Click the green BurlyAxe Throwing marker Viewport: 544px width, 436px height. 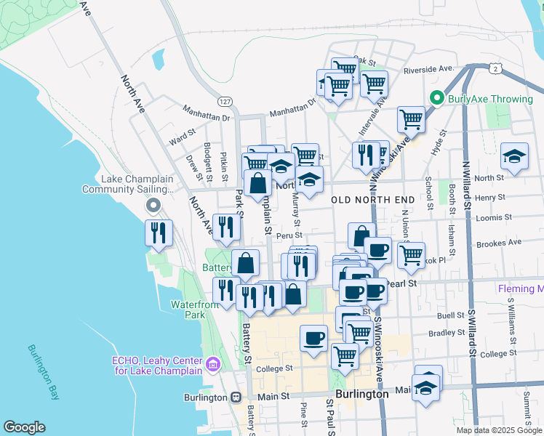437,97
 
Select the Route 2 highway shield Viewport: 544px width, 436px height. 495,68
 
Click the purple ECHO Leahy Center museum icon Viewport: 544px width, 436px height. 212,363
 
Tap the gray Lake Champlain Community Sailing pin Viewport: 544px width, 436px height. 153,206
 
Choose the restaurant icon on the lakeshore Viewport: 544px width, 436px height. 159,233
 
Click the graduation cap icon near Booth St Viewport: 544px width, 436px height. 514,157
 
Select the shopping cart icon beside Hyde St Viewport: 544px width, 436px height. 411,118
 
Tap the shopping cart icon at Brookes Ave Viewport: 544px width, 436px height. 411,254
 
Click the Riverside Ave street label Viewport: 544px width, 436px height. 431,69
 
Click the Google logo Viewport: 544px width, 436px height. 24,427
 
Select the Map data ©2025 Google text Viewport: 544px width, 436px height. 498,430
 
